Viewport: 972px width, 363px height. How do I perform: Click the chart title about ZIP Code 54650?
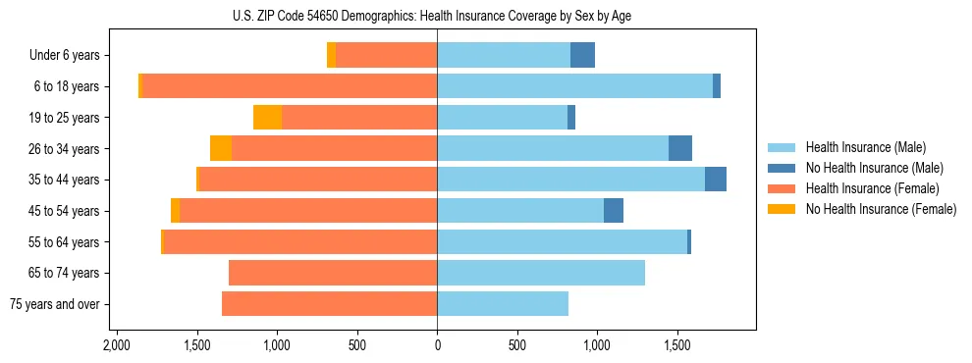(x=437, y=16)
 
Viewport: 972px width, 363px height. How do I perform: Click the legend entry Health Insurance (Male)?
(x=865, y=147)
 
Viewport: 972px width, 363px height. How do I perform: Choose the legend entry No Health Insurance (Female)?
(x=881, y=209)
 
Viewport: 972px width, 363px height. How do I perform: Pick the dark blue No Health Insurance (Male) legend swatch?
(x=783, y=168)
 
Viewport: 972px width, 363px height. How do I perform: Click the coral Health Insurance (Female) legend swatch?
(x=783, y=188)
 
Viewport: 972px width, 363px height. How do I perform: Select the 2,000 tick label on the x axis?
(x=117, y=346)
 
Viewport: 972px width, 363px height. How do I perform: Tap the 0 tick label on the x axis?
(x=437, y=346)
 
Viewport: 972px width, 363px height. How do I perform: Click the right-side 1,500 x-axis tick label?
(x=676, y=346)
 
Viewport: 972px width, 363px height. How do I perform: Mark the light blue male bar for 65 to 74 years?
(x=541, y=273)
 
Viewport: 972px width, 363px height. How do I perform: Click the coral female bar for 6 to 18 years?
(x=290, y=86)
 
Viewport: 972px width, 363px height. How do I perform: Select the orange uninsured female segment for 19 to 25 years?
(x=267, y=118)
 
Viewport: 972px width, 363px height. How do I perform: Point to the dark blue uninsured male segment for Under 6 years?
(x=582, y=56)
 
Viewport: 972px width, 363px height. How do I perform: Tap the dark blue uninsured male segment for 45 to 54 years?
(x=614, y=211)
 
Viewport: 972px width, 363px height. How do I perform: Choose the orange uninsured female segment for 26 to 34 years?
(x=221, y=148)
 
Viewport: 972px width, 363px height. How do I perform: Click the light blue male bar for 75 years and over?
(x=503, y=304)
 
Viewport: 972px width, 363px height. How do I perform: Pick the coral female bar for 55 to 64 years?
(x=300, y=241)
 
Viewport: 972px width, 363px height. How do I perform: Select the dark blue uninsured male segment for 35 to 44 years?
(x=716, y=180)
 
